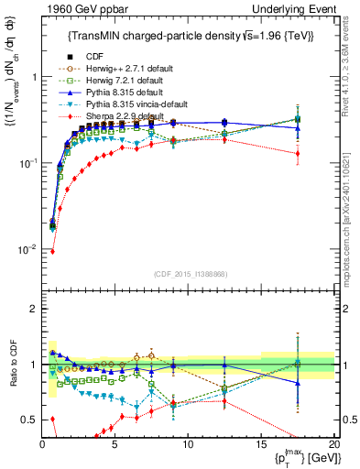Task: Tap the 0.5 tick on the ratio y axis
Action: [30, 420]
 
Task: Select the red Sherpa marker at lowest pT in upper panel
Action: [52, 251]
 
